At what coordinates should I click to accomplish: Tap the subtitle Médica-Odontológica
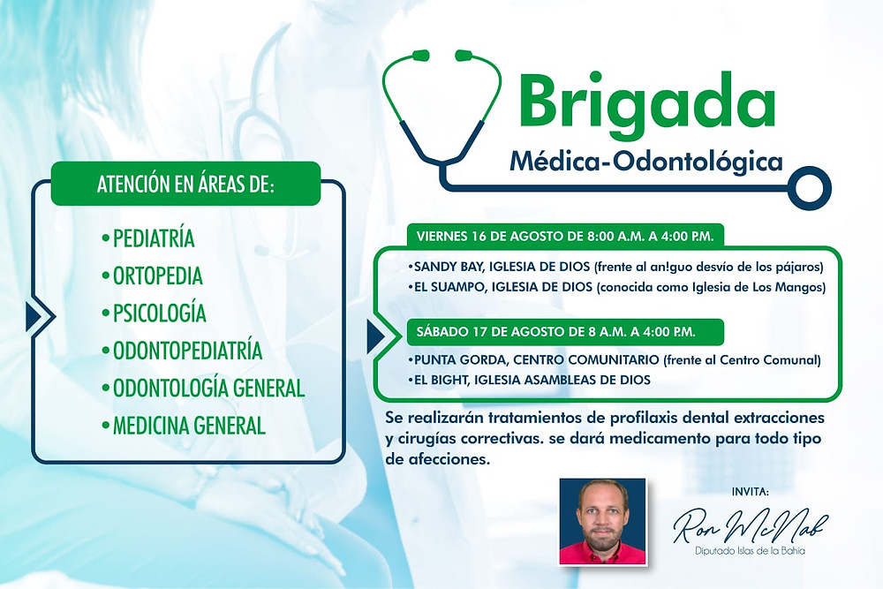pos(646,162)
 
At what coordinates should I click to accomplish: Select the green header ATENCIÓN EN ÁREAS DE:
pos(185,185)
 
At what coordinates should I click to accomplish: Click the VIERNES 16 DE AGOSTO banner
pos(565,236)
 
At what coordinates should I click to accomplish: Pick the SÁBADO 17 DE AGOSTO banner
pos(565,332)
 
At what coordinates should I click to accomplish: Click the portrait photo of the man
pos(602,521)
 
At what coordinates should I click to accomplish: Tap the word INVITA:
pos(750,492)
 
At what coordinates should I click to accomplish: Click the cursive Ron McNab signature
pos(751,526)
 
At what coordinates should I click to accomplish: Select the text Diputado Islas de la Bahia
pos(750,551)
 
